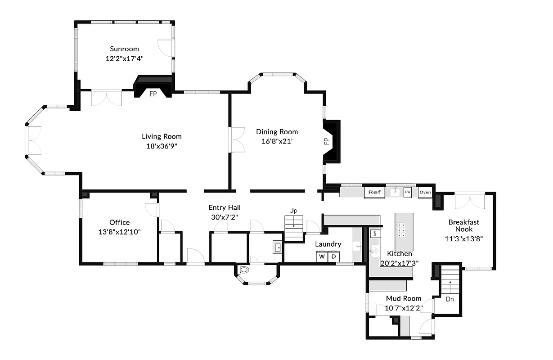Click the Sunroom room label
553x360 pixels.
tap(125, 49)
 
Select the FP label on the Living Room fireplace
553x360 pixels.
tap(153, 94)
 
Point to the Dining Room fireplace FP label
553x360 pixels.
tap(327, 141)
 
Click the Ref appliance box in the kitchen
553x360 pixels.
tap(374, 192)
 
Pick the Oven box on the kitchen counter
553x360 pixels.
tap(425, 192)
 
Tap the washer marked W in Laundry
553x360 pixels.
tap(322, 256)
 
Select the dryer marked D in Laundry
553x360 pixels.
tap(333, 256)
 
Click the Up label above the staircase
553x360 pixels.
tap(293, 211)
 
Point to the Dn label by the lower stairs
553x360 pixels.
tap(450, 299)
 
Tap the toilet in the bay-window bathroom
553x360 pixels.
tap(245, 271)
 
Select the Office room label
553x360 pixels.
tap(119, 222)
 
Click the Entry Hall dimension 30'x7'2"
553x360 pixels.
tap(225, 217)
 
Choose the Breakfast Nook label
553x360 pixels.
tap(464, 225)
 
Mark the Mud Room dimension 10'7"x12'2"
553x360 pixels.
tap(404, 308)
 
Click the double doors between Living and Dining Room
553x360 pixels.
tap(237, 140)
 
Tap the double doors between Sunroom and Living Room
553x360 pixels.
tap(106, 98)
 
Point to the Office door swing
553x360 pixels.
tap(152, 210)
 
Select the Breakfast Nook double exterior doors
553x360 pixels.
tap(470, 201)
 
